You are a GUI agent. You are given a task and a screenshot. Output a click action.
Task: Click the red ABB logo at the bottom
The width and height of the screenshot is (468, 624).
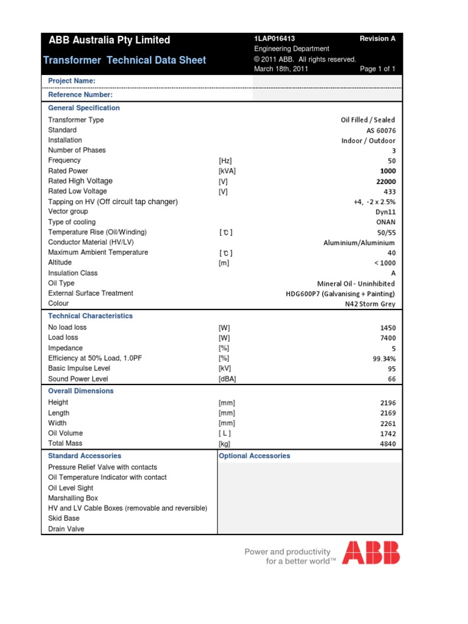[x=370, y=552]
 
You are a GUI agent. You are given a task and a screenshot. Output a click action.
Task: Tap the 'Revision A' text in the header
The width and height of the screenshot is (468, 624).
[x=377, y=38]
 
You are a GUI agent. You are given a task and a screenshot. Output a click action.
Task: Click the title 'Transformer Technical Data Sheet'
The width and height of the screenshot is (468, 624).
[x=124, y=60]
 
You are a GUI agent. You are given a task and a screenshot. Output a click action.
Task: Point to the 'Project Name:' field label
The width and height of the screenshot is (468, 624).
[x=71, y=81]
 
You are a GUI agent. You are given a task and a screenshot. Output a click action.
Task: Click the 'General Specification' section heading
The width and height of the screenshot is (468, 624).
[x=84, y=108]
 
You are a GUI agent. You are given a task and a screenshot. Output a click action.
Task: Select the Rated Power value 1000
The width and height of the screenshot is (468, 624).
[x=386, y=171]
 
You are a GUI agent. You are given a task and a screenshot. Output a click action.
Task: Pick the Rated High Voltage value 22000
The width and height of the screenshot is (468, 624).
[x=385, y=182]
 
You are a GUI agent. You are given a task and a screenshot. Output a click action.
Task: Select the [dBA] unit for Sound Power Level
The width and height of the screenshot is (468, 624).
[x=227, y=378]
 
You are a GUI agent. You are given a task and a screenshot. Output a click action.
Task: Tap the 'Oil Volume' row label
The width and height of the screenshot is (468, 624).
[x=65, y=433]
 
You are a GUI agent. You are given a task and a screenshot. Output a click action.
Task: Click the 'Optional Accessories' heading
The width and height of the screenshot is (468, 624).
[x=254, y=456]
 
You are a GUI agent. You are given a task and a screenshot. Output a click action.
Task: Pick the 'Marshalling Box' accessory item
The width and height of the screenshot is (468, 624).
[x=73, y=498]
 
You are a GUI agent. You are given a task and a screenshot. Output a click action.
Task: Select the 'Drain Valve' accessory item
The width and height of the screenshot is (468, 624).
[x=66, y=529]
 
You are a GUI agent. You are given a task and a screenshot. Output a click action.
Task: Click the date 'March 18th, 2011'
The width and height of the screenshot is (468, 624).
[x=281, y=69]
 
